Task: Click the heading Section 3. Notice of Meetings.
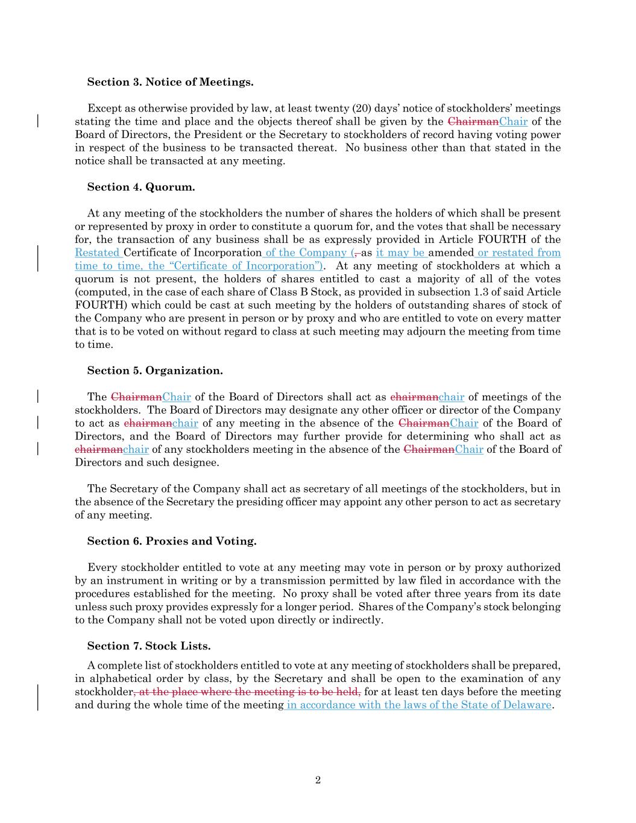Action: (x=170, y=82)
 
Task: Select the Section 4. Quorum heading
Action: (x=141, y=187)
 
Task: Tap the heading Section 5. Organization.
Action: (x=155, y=371)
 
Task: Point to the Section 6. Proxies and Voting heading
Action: (x=172, y=541)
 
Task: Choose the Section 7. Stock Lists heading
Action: (x=149, y=646)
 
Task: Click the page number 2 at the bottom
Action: (x=318, y=780)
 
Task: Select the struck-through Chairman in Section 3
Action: (x=473, y=122)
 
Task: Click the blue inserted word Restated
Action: (x=97, y=253)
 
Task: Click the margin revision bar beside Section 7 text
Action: (x=39, y=698)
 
